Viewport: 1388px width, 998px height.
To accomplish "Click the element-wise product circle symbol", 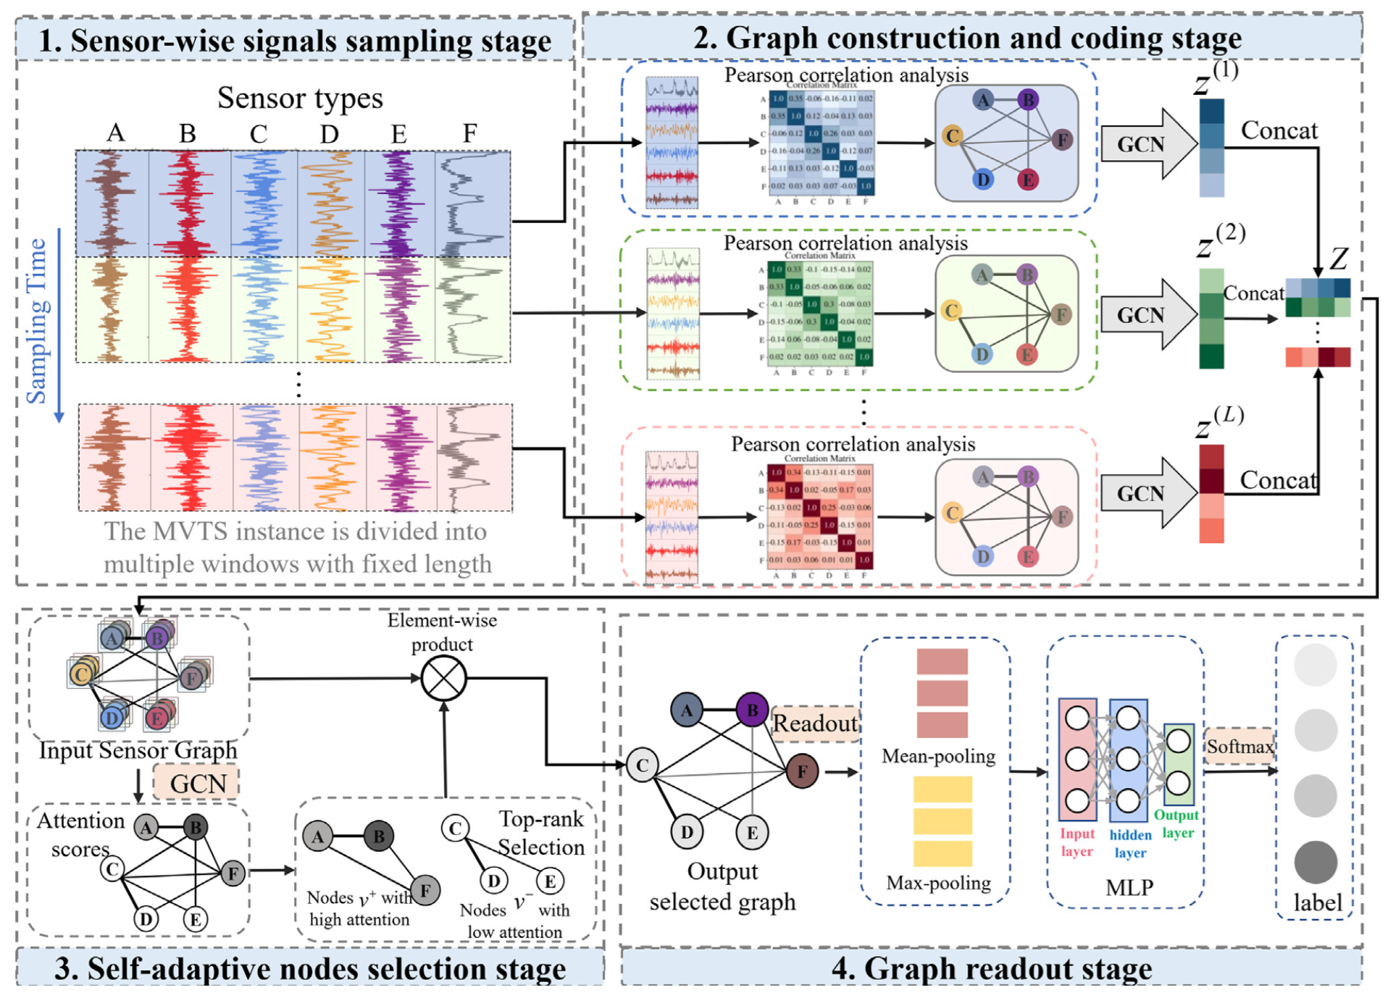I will tap(443, 678).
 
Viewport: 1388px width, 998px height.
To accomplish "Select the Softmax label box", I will tap(1239, 746).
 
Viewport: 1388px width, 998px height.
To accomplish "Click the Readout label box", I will tap(815, 723).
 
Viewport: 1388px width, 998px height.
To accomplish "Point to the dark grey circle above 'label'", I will tap(1315, 862).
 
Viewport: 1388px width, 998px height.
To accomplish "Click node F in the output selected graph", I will tap(802, 771).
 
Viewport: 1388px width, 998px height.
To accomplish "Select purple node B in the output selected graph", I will tap(752, 710).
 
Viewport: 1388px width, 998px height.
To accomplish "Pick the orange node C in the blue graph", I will tap(952, 135).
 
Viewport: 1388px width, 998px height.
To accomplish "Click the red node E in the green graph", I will tap(1026, 354).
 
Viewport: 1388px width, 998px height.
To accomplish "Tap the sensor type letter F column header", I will tap(469, 133).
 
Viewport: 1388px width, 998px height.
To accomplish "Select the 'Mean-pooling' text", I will tap(938, 756).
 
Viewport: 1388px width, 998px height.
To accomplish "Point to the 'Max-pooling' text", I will tap(938, 883).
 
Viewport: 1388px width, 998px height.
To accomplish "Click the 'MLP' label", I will tap(1129, 887).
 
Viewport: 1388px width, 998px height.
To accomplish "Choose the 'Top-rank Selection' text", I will tap(541, 832).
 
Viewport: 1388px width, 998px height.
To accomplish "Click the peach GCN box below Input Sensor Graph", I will tap(197, 784).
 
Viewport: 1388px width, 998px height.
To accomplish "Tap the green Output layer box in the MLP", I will tap(1178, 764).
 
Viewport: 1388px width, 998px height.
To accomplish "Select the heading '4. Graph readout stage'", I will tap(991, 968).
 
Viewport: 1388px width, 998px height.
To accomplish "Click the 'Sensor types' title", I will tap(300, 98).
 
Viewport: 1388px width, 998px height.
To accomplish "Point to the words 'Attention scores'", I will tap(80, 834).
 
